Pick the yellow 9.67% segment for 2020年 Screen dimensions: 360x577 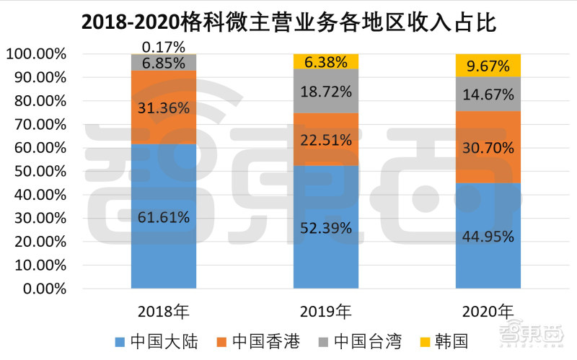click(x=488, y=66)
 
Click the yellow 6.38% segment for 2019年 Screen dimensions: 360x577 click(x=326, y=61)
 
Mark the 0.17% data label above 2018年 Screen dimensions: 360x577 click(x=164, y=47)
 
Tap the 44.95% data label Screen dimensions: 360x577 click(x=488, y=236)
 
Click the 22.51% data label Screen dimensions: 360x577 click(x=326, y=140)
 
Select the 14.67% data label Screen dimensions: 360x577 click(x=488, y=94)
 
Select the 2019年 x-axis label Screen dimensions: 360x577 click(x=326, y=312)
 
